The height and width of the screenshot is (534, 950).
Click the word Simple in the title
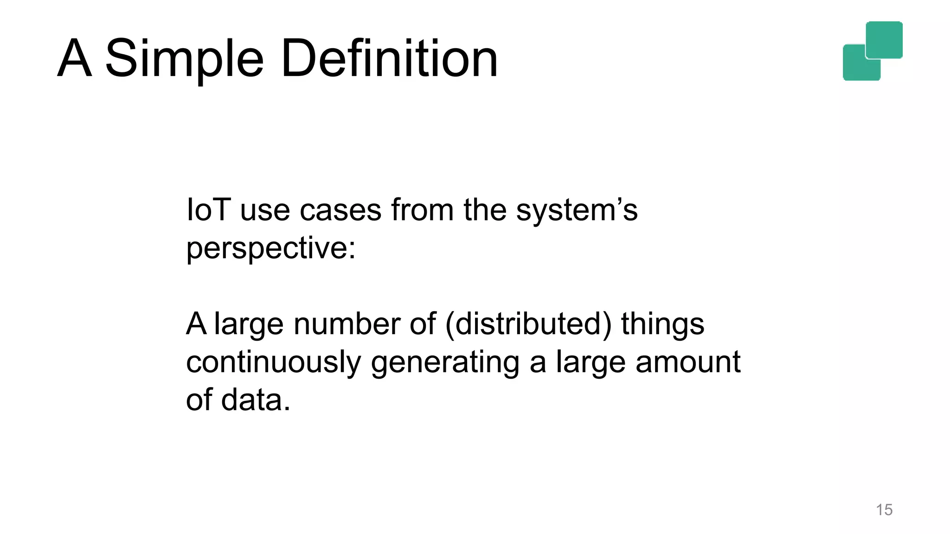(184, 59)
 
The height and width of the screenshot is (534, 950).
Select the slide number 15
(884, 510)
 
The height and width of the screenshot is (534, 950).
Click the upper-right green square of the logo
(884, 39)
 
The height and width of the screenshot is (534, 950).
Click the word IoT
(208, 210)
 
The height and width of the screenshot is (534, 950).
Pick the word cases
(340, 210)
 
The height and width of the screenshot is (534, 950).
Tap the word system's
(577, 210)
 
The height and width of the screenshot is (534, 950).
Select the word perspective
(267, 248)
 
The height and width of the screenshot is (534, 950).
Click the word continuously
(273, 362)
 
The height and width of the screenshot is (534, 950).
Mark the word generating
(445, 362)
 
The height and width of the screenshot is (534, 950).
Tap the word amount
(688, 362)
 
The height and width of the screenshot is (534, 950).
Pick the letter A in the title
(74, 59)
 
